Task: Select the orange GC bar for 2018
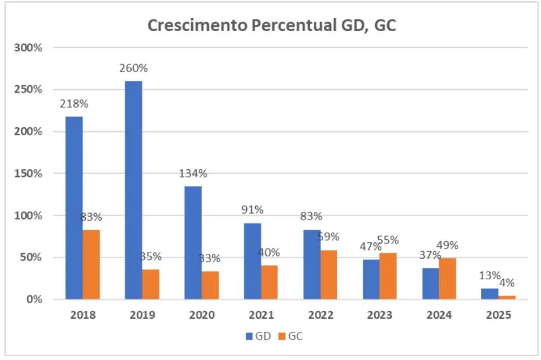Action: coord(91,264)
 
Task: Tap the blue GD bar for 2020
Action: coord(193,242)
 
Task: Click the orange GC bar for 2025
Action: coord(507,297)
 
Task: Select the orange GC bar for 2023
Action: coord(388,275)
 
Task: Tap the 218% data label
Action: coord(74,104)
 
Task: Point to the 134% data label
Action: coord(193,174)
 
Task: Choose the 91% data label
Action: coord(252,211)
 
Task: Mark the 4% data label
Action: coord(507,283)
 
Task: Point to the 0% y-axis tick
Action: coord(34,299)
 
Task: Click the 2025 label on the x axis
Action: coord(498,315)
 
